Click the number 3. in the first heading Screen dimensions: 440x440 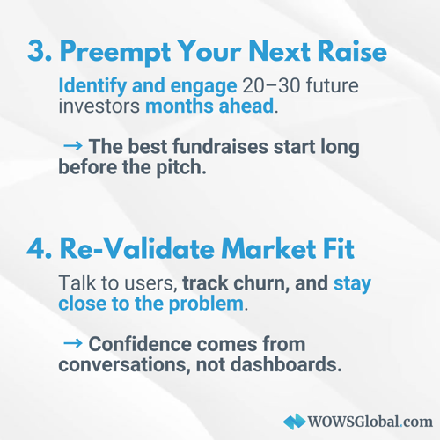(40, 50)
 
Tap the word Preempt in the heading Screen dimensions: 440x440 (115, 52)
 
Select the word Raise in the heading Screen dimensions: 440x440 (352, 50)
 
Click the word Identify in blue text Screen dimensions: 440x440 (92, 86)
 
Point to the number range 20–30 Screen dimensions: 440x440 (271, 86)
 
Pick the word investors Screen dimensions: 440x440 (99, 106)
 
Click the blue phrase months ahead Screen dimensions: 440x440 (209, 106)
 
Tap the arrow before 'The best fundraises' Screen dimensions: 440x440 (73, 145)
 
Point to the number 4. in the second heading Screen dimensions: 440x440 (40, 249)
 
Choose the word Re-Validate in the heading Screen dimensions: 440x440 (137, 248)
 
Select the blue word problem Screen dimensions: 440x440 (206, 304)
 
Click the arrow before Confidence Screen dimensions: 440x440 (73, 343)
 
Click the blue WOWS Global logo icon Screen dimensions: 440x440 (294, 422)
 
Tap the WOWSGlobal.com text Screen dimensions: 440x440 (370, 422)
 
